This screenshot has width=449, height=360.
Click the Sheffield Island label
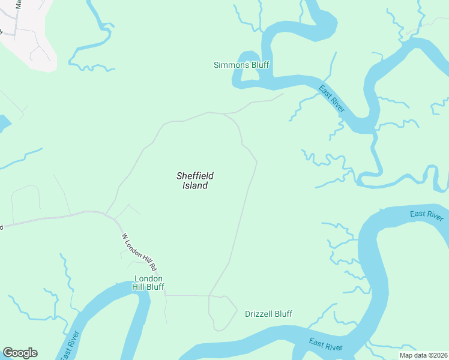pyautogui.click(x=195, y=181)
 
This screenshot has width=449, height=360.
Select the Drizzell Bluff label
pyautogui.click(x=268, y=314)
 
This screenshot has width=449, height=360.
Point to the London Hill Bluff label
pyautogui.click(x=148, y=283)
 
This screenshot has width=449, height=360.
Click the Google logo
pyautogui.click(x=20, y=353)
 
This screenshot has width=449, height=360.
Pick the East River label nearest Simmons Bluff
pyautogui.click(x=332, y=99)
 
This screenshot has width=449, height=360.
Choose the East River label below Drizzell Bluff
pyautogui.click(x=325, y=344)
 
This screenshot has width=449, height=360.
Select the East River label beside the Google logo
pyautogui.click(x=68, y=346)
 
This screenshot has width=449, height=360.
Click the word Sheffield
pyautogui.click(x=195, y=176)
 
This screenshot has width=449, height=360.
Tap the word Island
pyautogui.click(x=195, y=186)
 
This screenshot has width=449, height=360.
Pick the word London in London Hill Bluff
pyautogui.click(x=148, y=278)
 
